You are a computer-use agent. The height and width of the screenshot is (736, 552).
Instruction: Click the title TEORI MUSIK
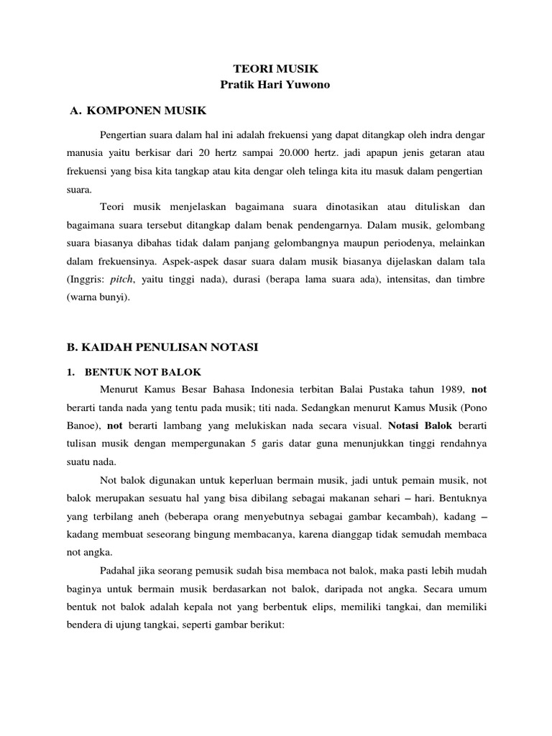coord(275,70)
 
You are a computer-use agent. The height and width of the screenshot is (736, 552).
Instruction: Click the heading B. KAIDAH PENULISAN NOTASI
coord(162,347)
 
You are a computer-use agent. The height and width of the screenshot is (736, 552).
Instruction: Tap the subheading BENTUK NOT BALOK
coord(143,372)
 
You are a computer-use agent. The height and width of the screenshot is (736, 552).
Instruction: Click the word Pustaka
coord(385,390)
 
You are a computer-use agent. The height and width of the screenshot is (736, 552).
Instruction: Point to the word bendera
coord(84,626)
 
